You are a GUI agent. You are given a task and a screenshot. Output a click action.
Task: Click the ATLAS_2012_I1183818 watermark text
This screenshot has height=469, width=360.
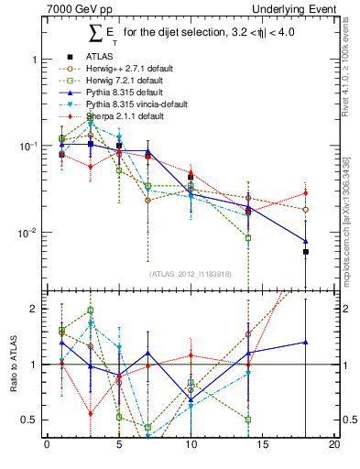pos(191,274)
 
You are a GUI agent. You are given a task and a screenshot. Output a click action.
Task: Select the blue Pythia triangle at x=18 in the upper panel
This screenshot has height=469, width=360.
pos(306,241)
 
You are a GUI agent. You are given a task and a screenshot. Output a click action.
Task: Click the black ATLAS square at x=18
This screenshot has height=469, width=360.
pos(306,251)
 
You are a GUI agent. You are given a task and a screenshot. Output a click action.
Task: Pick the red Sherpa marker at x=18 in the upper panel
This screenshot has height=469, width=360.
pos(306,193)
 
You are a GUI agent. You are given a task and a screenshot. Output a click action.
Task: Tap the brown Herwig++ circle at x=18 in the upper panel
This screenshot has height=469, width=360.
pos(306,210)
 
